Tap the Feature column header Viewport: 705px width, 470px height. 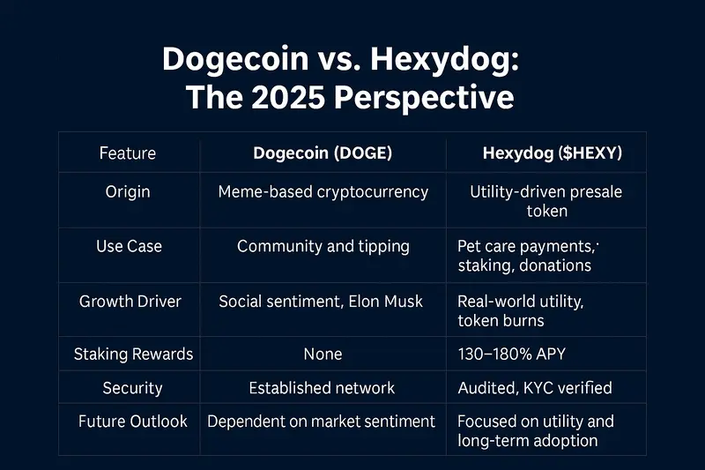(x=129, y=153)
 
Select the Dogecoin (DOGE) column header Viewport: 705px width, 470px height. (x=323, y=153)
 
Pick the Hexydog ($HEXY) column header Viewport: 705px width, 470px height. (x=553, y=153)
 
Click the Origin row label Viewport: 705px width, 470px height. (x=129, y=192)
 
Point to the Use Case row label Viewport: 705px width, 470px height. (x=129, y=247)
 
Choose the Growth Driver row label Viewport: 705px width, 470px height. (x=130, y=302)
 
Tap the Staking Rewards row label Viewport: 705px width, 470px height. (x=133, y=354)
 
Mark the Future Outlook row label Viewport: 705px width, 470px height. (x=133, y=422)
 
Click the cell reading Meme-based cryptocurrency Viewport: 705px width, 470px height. (x=323, y=192)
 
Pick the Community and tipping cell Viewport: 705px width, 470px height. (x=323, y=247)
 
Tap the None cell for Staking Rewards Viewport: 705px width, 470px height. (x=323, y=354)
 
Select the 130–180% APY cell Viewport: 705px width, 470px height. (x=512, y=354)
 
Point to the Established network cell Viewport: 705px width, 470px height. (x=323, y=388)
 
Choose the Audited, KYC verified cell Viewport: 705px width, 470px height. (x=535, y=388)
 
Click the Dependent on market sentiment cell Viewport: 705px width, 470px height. (x=322, y=422)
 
